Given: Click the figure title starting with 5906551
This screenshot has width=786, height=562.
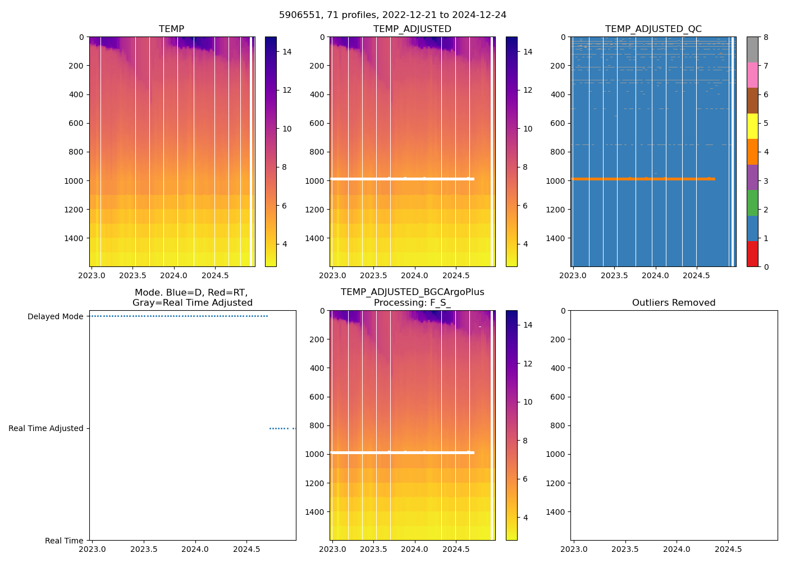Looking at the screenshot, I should (x=392, y=15).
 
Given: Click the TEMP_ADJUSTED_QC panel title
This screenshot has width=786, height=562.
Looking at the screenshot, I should (x=653, y=29).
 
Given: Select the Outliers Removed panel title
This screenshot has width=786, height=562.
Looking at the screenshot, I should (x=674, y=302).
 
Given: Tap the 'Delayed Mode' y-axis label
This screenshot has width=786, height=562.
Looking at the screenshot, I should (x=55, y=316).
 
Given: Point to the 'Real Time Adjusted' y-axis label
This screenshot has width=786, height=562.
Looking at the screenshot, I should (x=46, y=428).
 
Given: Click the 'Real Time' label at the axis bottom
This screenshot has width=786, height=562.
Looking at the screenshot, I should (x=64, y=541).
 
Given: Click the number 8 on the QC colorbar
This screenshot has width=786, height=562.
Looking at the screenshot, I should (x=765, y=37).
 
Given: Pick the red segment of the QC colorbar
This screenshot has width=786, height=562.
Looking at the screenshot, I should (x=752, y=253).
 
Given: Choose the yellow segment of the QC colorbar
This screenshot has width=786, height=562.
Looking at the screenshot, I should (x=752, y=126).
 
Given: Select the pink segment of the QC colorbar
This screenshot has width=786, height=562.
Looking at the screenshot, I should (x=752, y=75).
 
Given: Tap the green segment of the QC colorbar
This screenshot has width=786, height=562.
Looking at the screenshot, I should (x=752, y=202).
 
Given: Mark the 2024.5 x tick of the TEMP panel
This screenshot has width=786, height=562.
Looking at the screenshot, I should (x=215, y=275).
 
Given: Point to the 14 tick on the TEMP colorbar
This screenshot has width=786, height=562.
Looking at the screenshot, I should (x=287, y=52).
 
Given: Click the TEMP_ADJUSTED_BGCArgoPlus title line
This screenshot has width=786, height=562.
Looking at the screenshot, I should (x=412, y=292).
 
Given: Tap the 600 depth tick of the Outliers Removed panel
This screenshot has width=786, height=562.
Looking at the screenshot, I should (x=557, y=397).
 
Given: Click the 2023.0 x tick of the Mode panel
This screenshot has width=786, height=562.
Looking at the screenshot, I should (x=92, y=549).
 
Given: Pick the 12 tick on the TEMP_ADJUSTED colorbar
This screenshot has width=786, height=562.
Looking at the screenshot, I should (x=528, y=90).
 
